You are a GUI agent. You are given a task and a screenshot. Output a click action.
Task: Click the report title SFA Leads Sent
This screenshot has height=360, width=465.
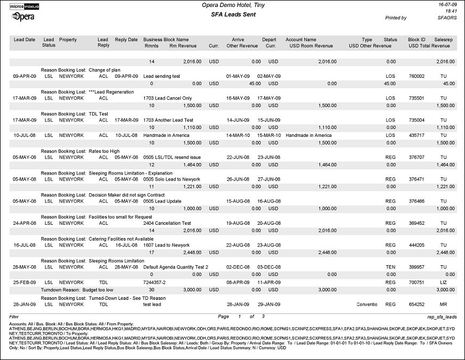pyautogui.click(x=233, y=14)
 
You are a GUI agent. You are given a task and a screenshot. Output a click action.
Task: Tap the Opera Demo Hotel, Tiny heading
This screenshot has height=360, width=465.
pyautogui.click(x=233, y=5)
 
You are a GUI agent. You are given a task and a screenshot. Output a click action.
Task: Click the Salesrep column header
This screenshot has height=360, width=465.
pyautogui.click(x=443, y=39)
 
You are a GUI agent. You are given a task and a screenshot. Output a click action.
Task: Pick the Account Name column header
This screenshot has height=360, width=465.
pyautogui.click(x=301, y=39)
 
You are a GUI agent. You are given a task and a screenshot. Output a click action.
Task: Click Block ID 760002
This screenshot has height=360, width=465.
pyautogui.click(x=417, y=76)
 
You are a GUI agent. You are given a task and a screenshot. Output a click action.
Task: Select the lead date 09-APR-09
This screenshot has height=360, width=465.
pyautogui.click(x=25, y=76)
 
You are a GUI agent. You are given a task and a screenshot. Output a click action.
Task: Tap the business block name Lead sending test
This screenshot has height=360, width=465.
pyautogui.click(x=161, y=76)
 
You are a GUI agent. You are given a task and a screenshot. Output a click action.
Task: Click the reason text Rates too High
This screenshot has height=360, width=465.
pyautogui.click(x=105, y=151)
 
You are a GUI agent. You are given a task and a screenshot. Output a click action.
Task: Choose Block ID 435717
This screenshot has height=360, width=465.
pyautogui.click(x=417, y=135)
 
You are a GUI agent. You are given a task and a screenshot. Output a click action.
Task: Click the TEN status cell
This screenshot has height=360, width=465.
pyautogui.click(x=390, y=266)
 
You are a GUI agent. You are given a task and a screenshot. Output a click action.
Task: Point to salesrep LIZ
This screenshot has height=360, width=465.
pyautogui.click(x=444, y=281)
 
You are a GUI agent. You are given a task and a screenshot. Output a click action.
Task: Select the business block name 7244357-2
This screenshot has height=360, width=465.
pyautogui.click(x=156, y=281)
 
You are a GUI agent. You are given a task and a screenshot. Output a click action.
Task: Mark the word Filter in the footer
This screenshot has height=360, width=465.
pyautogui.click(x=14, y=316)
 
